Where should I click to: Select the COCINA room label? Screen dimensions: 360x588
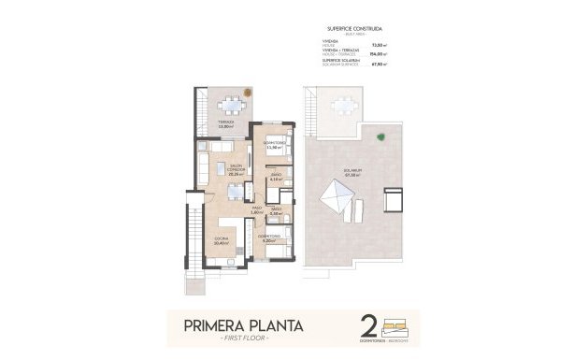222,241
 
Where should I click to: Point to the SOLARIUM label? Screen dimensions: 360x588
352,172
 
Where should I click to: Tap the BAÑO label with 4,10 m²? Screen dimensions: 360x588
277,176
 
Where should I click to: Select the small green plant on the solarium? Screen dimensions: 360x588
380,137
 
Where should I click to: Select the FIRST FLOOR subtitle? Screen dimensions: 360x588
241,339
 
